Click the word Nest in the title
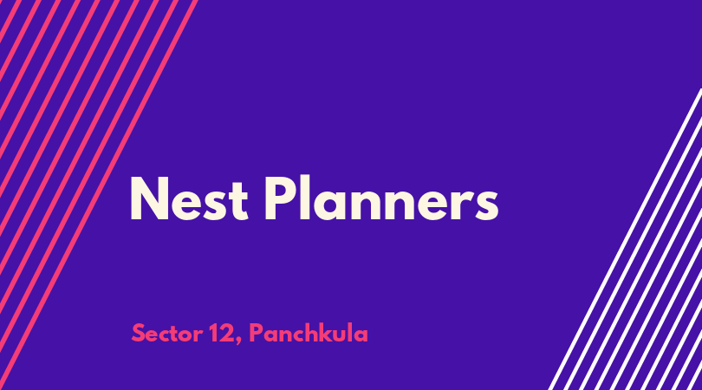[188, 198]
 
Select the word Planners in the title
[381, 198]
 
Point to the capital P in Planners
[279, 198]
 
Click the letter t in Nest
[238, 201]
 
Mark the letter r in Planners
[464, 205]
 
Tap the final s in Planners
[487, 205]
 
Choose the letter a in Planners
[330, 205]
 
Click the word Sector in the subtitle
[166, 334]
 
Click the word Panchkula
[309, 333]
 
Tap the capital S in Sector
[139, 334]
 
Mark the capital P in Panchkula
[256, 334]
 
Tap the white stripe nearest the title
[625, 239]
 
